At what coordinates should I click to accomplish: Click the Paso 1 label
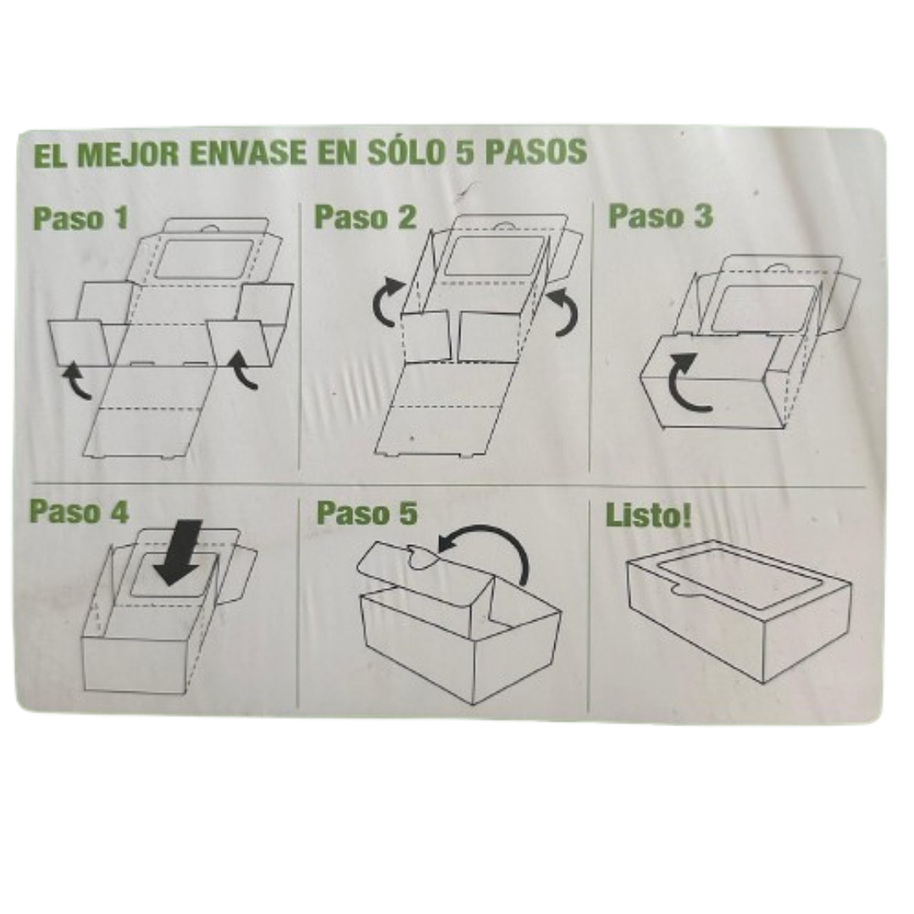click(x=80, y=218)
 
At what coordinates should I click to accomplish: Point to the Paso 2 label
click(x=365, y=217)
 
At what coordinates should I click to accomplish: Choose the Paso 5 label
click(x=367, y=513)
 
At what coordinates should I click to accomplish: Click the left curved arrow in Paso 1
click(x=80, y=379)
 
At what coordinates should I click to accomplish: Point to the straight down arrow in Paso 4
click(x=182, y=552)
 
